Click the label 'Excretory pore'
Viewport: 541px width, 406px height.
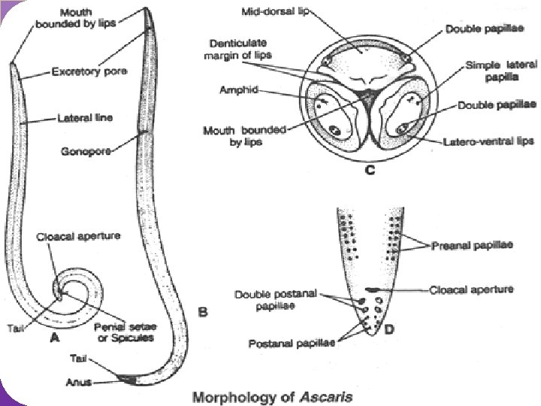(89, 72)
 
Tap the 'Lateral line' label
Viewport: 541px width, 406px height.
(80, 118)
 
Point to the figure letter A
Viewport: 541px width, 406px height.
(54, 339)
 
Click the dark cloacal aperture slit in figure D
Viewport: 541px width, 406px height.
(372, 289)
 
